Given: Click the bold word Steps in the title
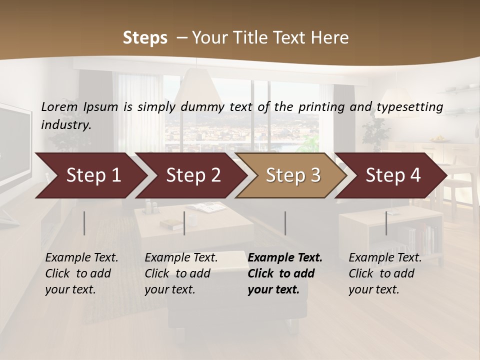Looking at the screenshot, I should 145,38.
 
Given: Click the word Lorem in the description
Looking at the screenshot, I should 59,106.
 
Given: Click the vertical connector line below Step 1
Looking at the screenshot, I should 84,223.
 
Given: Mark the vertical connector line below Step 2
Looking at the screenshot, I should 184,223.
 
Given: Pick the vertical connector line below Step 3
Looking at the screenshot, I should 285,223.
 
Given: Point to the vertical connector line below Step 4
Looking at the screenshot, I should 386,223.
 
